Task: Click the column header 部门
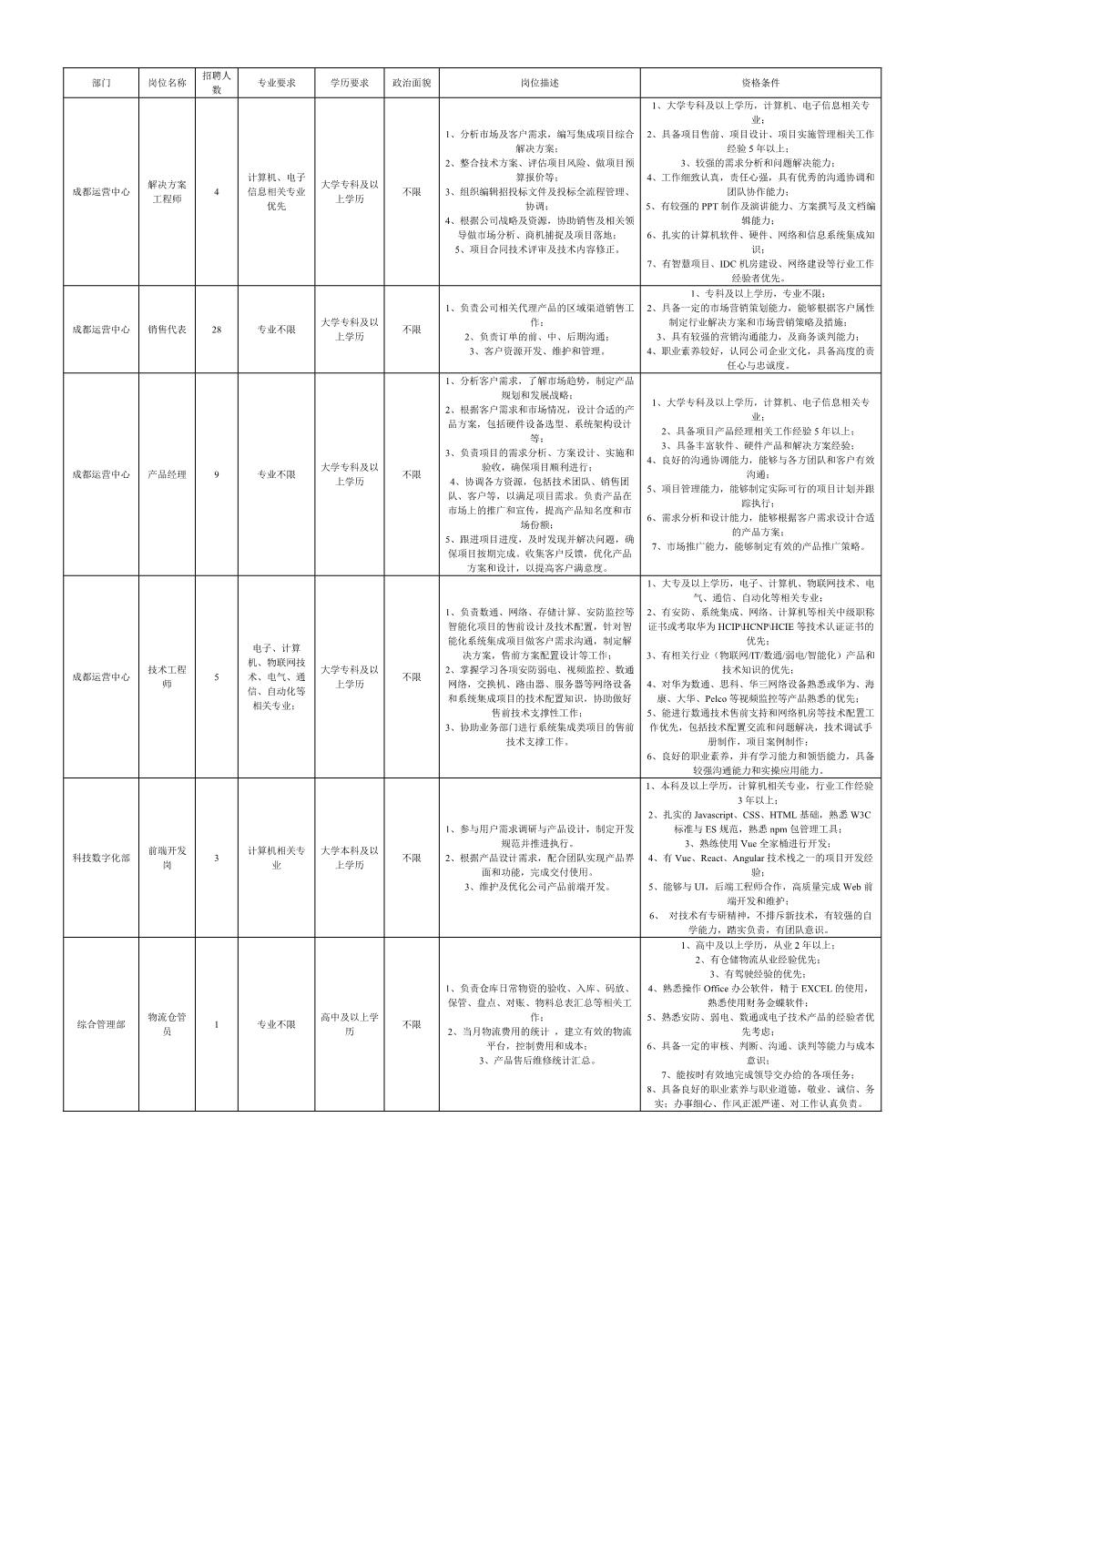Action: (101, 83)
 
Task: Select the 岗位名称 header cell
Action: (167, 83)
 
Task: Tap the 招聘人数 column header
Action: (217, 83)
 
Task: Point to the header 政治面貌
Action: (412, 83)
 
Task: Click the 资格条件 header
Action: (760, 83)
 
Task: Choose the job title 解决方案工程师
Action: (167, 192)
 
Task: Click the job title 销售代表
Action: (167, 330)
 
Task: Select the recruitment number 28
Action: (217, 330)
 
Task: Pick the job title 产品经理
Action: (167, 474)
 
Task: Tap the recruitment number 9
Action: (217, 474)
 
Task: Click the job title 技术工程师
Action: (167, 676)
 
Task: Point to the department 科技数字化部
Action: (101, 858)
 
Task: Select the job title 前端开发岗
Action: (167, 858)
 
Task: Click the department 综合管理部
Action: (101, 1024)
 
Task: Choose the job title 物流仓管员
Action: (167, 1024)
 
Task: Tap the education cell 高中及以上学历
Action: (350, 1024)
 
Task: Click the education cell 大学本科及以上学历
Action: (350, 858)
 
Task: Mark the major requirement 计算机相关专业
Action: (277, 858)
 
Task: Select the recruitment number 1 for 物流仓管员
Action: (217, 1024)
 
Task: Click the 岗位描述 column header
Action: (539, 83)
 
